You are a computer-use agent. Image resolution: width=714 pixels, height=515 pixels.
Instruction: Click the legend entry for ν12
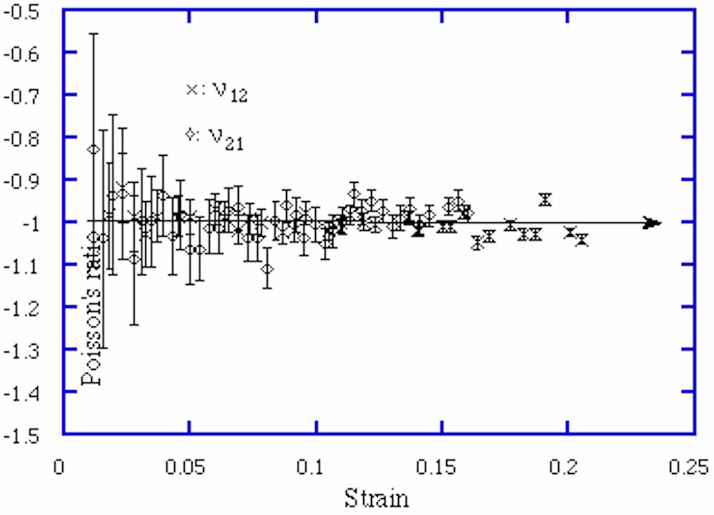click(217, 92)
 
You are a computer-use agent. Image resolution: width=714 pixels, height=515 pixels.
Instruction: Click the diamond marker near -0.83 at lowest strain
click(93, 149)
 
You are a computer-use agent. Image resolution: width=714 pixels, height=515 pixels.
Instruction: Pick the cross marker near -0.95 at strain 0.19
click(544, 199)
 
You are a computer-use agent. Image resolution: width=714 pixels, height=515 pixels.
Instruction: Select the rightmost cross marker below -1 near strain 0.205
click(582, 240)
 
